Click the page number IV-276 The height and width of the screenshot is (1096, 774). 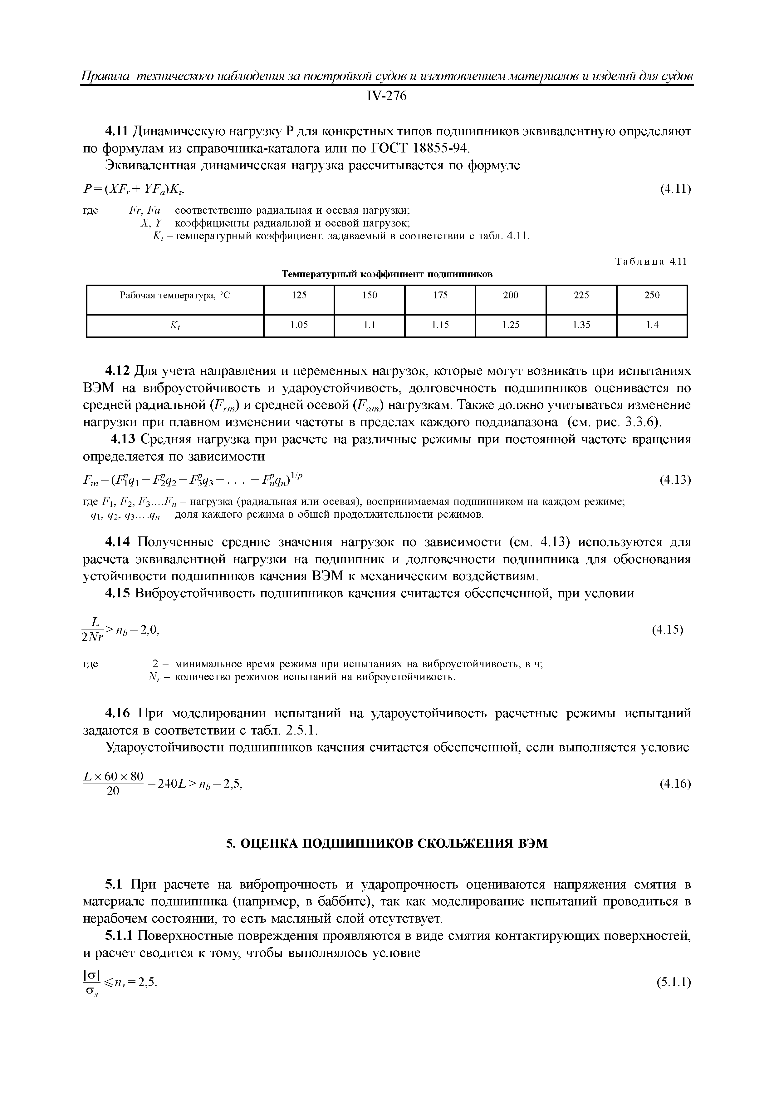pos(386,97)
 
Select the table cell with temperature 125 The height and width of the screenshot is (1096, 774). pos(299,296)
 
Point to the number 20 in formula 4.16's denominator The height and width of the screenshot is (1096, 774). pos(113,791)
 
